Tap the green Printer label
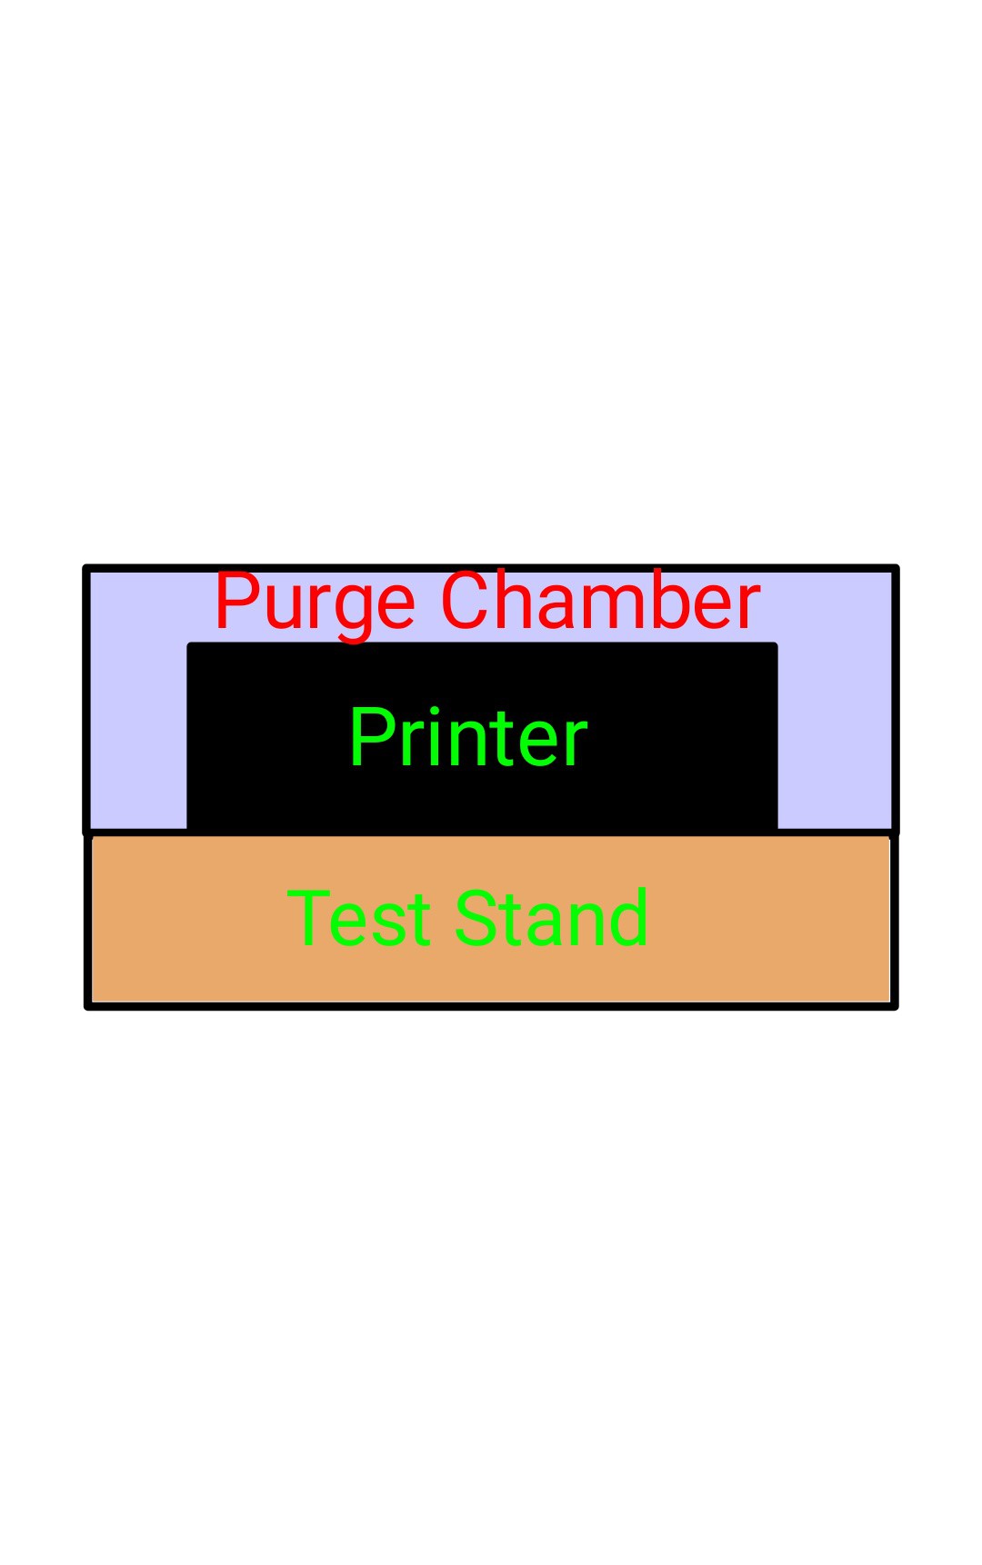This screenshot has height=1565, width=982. [468, 737]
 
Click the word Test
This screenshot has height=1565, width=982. [359, 918]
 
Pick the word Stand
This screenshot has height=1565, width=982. [552, 918]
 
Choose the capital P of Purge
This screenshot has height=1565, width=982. [235, 601]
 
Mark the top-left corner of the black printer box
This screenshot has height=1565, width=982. [188, 643]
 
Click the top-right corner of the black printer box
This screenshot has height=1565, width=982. [777, 643]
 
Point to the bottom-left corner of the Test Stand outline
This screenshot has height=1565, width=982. [88, 1006]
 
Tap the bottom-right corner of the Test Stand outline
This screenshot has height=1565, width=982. [895, 1006]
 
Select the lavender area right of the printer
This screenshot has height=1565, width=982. [835, 727]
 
